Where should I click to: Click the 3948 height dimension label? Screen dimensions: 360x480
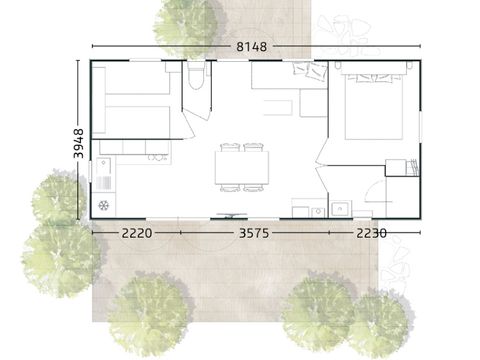pyautogui.click(x=79, y=144)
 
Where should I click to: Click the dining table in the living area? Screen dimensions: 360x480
pyautogui.click(x=242, y=167)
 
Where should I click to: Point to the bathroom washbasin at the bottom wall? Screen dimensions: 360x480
pyautogui.click(x=339, y=208)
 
